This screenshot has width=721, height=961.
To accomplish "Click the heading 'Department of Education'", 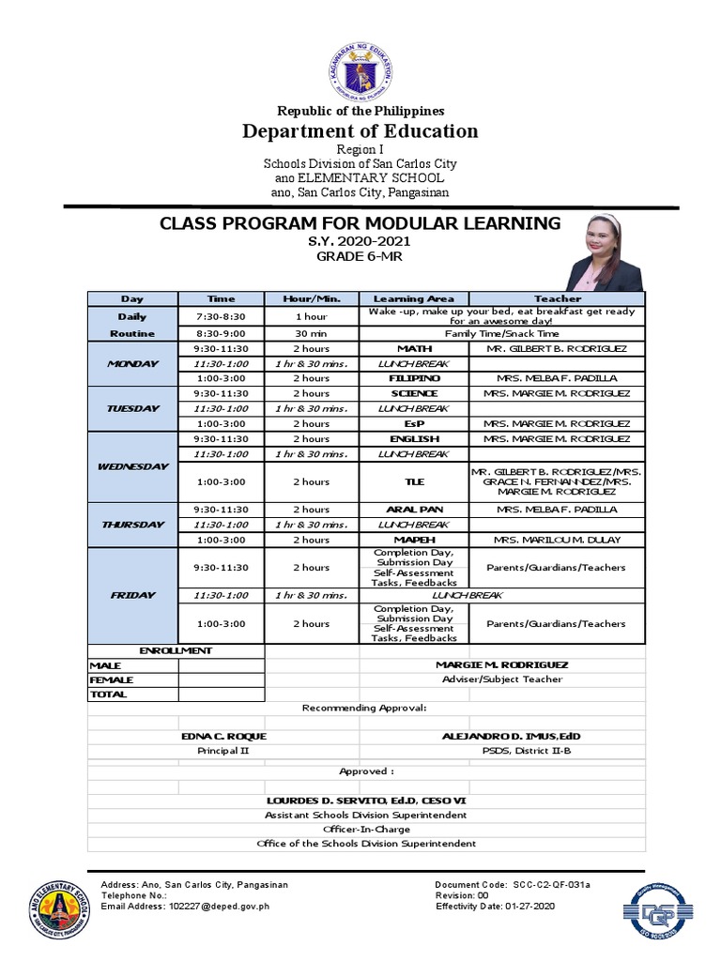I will coord(360,131).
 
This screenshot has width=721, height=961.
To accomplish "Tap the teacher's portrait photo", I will coord(604,252).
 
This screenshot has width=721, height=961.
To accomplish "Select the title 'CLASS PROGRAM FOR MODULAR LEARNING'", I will coord(360,223).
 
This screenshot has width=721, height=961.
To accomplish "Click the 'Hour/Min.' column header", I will coord(310,298).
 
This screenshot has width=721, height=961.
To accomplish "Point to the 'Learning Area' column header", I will coord(414,298).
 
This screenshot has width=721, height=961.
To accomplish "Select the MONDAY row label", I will coord(132,363).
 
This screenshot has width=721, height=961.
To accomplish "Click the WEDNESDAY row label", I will coord(132,466).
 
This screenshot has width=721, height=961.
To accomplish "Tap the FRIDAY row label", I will coord(132,595).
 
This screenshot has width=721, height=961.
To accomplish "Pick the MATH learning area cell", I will coord(414,348).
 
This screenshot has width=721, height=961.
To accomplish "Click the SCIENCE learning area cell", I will coord(414,393).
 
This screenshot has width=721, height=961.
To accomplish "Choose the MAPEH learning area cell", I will coord(414,540).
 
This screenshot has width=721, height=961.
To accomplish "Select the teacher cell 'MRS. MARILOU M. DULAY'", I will coord(558,540).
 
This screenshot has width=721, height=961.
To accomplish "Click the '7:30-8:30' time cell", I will coord(221,316).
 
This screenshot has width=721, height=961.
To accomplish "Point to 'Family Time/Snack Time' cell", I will coord(502,333).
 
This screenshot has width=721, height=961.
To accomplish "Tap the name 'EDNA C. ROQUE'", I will coord(223,736).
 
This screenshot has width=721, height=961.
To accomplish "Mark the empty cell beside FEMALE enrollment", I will coord(221,679).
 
